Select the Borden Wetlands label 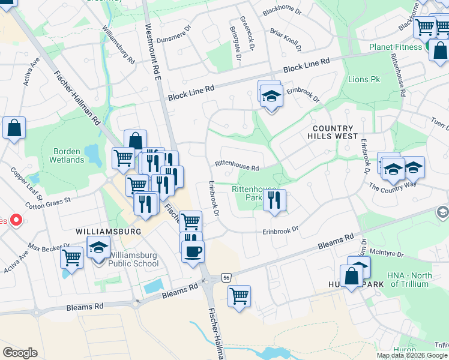coord(67,155)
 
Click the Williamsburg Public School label coord(130,259)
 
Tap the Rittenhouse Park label coord(247,193)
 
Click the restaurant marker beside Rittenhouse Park coord(274,200)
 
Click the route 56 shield coord(226,277)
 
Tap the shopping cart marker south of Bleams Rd coord(240,296)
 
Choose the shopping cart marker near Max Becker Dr coord(72,259)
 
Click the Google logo coord(20,352)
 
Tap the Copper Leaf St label coord(26,183)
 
